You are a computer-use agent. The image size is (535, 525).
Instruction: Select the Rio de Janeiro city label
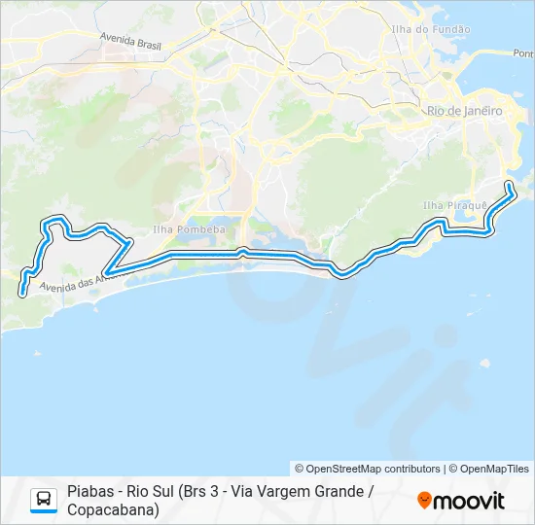[x=465, y=111]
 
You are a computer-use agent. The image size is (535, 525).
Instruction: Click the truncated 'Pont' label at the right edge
[x=522, y=53]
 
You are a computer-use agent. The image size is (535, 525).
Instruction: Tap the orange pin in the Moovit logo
[x=424, y=501]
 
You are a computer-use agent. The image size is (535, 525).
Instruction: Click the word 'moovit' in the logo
[x=469, y=501]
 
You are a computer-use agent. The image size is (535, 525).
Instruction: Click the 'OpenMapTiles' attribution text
[x=494, y=469]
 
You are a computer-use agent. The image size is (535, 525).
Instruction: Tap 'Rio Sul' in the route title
[x=167, y=492]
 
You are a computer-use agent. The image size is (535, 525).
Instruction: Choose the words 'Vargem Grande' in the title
[x=312, y=492]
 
